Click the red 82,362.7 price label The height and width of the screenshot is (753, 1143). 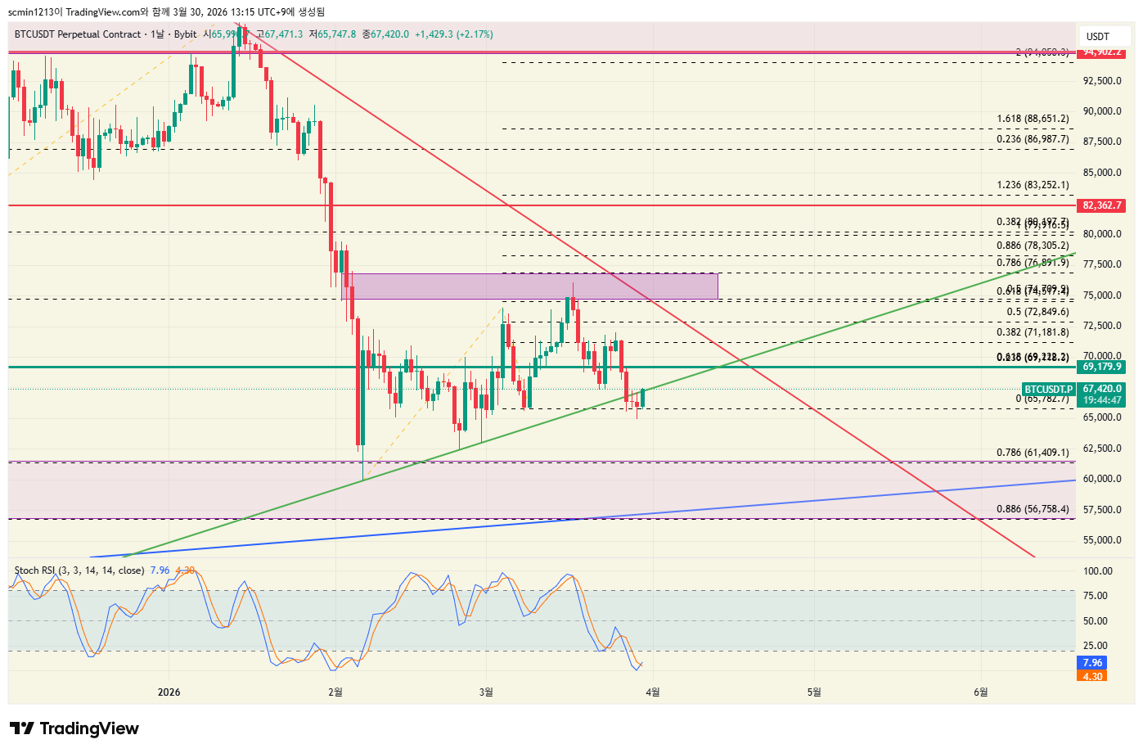[1102, 205]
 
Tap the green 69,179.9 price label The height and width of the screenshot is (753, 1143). [1102, 367]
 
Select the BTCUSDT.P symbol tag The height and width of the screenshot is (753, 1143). [1048, 390]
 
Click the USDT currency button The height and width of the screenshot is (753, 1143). [1097, 36]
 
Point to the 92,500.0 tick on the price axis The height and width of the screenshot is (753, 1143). [1102, 81]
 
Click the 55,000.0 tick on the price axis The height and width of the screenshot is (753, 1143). [1102, 540]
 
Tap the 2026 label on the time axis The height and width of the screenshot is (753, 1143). [169, 692]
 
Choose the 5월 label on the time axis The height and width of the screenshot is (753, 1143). [813, 692]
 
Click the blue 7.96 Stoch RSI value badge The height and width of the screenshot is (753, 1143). [1092, 663]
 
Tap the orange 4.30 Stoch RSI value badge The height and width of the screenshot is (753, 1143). [1092, 676]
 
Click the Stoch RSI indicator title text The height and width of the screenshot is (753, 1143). [79, 570]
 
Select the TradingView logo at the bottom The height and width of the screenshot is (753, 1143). [74, 728]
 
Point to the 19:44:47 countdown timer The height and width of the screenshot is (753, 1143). [1102, 400]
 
